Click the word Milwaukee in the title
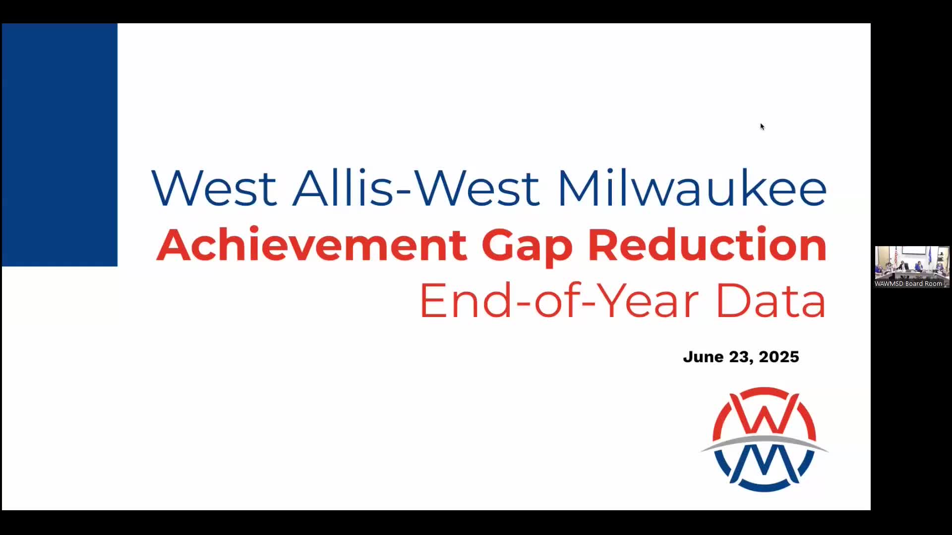point(692,188)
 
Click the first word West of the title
point(214,188)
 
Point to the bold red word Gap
point(527,247)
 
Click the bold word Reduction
point(707,245)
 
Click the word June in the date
point(703,357)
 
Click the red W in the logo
point(764,414)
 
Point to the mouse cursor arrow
point(762,126)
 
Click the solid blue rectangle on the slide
point(59,145)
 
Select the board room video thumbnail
point(912,267)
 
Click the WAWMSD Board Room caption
point(908,284)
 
